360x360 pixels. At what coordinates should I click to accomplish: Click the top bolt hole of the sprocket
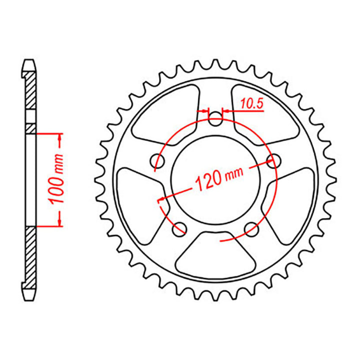click(216, 119)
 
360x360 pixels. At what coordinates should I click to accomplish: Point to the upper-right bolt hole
click(273, 160)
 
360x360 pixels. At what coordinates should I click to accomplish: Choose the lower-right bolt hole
click(251, 229)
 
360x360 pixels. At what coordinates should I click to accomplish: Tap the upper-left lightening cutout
click(162, 115)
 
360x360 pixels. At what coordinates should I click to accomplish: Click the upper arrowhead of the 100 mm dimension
click(60, 137)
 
